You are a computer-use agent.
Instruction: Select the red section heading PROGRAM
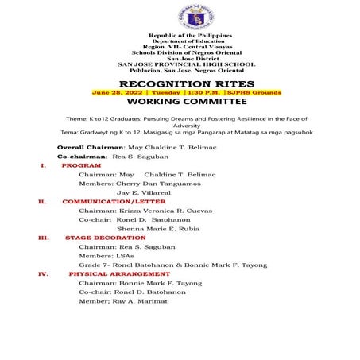click(x=81, y=165)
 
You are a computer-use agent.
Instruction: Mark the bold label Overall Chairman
click(x=91, y=148)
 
